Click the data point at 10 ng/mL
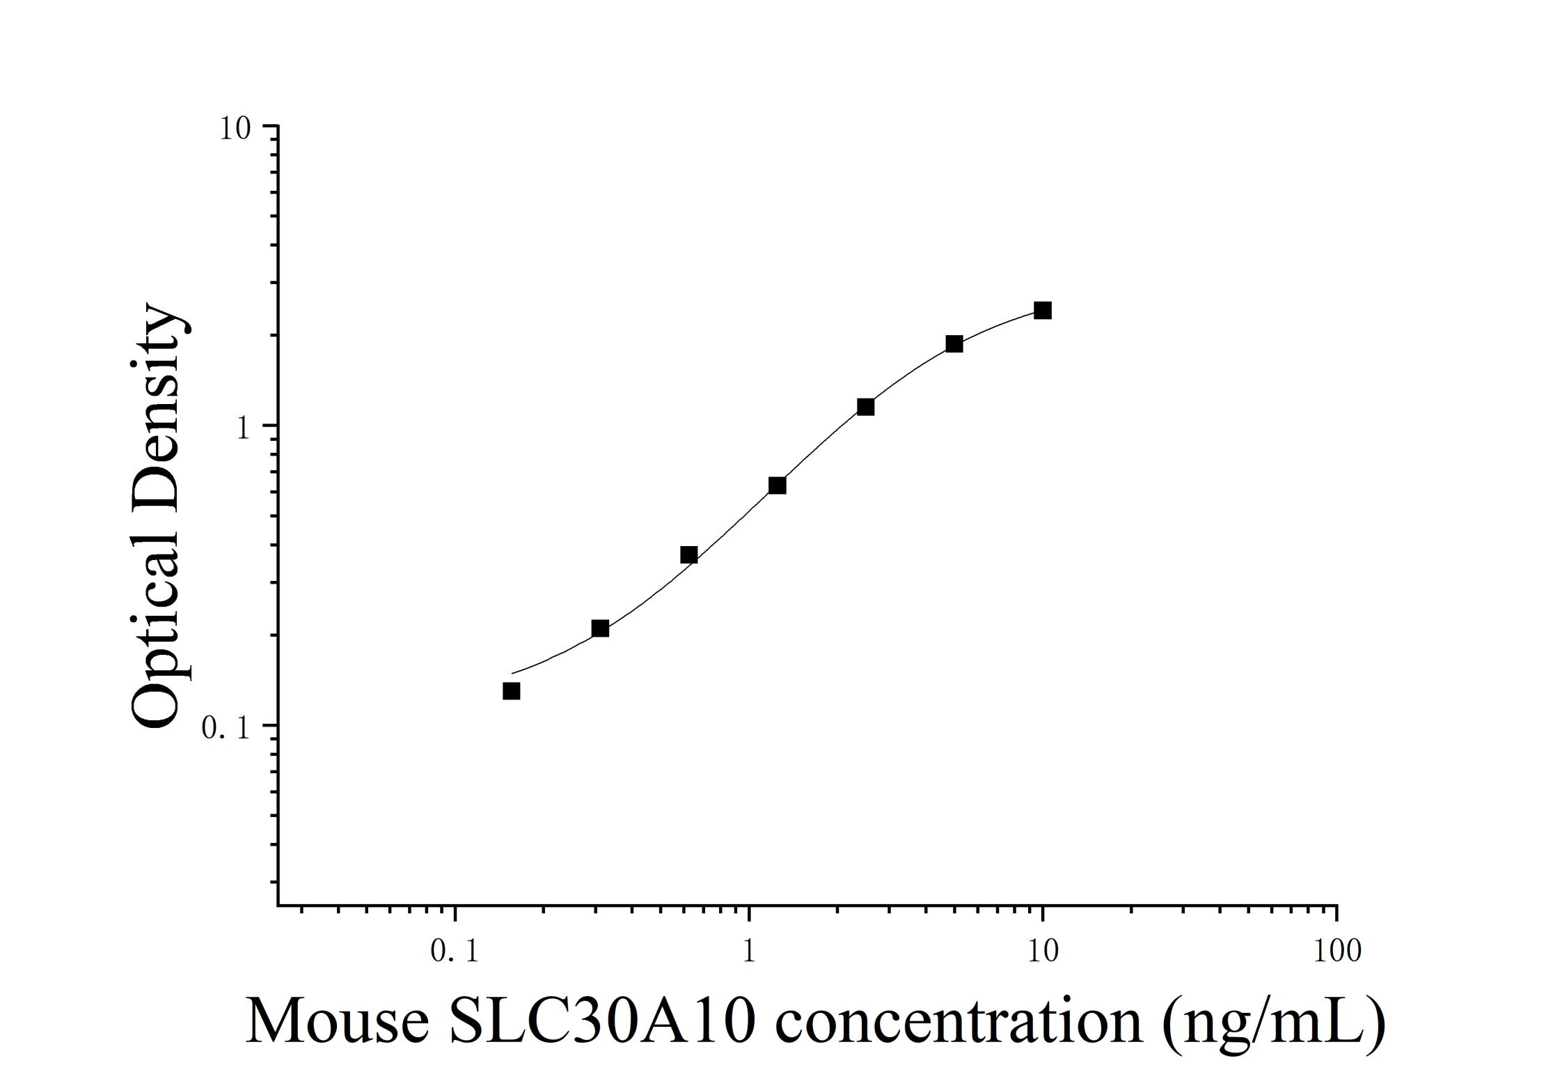(x=1042, y=311)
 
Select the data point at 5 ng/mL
(x=954, y=344)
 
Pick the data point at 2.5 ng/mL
(x=865, y=407)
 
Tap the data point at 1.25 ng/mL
(x=777, y=486)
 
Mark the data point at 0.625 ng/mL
(x=688, y=555)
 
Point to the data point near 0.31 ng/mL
(x=600, y=629)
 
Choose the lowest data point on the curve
(x=512, y=691)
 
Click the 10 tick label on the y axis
(x=235, y=129)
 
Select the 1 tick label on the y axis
(x=243, y=428)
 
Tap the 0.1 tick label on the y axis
(x=225, y=729)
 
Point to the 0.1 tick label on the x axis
(x=455, y=951)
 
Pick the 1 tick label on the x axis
(x=749, y=951)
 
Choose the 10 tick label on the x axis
(x=1043, y=951)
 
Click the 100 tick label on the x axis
(x=1337, y=951)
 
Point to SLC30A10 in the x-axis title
(x=602, y=1023)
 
